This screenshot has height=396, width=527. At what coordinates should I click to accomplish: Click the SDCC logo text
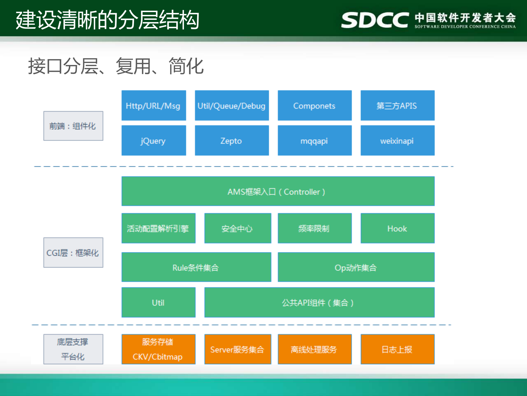[375, 20]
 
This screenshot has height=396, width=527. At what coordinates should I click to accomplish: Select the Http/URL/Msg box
[154, 105]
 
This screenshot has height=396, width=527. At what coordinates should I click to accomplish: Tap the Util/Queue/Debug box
[232, 105]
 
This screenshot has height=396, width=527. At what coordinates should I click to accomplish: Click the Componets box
[314, 105]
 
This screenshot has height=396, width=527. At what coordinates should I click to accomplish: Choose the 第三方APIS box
[397, 105]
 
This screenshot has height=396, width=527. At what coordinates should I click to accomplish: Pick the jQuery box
[154, 140]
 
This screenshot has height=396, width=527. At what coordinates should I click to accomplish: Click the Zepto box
[232, 140]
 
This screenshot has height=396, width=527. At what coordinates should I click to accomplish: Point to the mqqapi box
[314, 140]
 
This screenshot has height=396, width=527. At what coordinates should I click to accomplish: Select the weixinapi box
[397, 140]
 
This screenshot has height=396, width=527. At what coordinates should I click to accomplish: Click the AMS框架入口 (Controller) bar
[278, 191]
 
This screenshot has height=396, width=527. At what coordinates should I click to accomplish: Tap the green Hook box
[397, 228]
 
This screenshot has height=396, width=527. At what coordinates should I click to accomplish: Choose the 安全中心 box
[238, 228]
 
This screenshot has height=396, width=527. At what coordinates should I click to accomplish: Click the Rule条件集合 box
[196, 267]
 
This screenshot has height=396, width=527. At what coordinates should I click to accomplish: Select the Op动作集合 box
[356, 267]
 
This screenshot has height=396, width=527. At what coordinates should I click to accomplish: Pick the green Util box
[158, 302]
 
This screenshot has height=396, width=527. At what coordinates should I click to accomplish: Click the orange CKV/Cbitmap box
[158, 349]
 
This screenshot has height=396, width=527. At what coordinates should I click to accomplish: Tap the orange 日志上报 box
[397, 349]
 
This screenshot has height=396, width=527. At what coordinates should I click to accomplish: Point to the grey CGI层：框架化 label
[73, 252]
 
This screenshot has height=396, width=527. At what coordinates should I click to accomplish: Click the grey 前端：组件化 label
[73, 126]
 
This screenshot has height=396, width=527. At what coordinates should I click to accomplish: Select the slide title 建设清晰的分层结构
[107, 20]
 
